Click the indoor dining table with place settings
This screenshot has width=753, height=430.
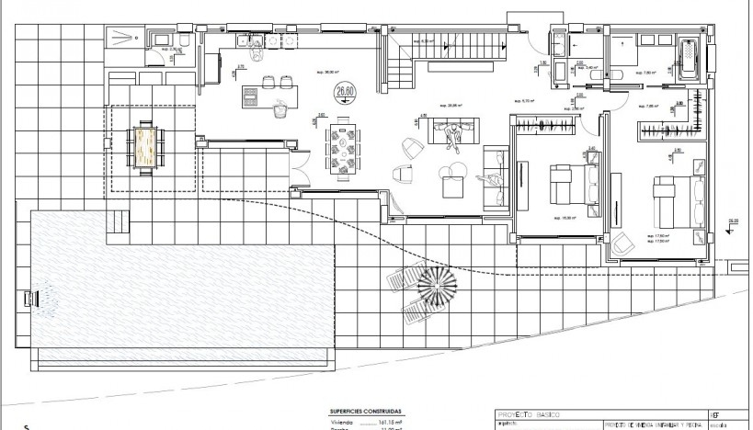coord(347,147)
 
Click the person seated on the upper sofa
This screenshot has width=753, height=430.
coord(451,134)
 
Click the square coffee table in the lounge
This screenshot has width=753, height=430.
coord(453,186)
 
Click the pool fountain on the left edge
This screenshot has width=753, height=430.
coord(37,298)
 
